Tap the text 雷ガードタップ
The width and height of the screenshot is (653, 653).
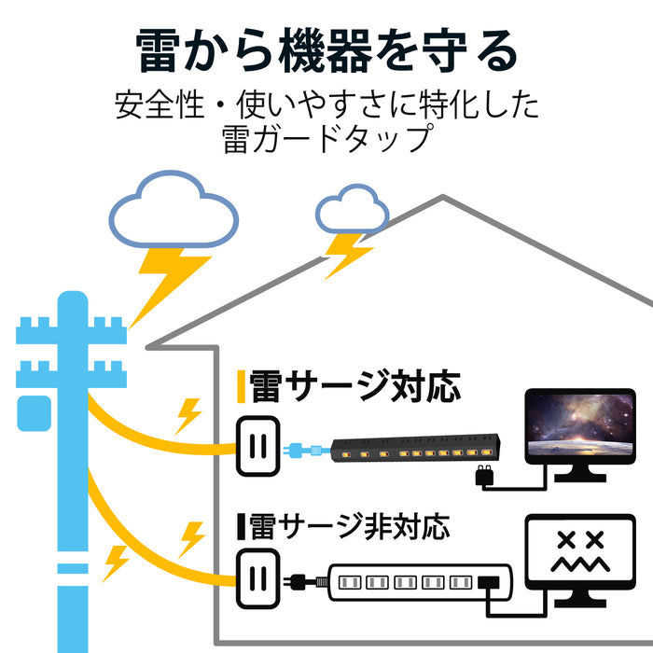326,139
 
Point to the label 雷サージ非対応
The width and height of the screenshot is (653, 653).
351,528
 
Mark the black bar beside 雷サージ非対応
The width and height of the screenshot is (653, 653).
241,528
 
